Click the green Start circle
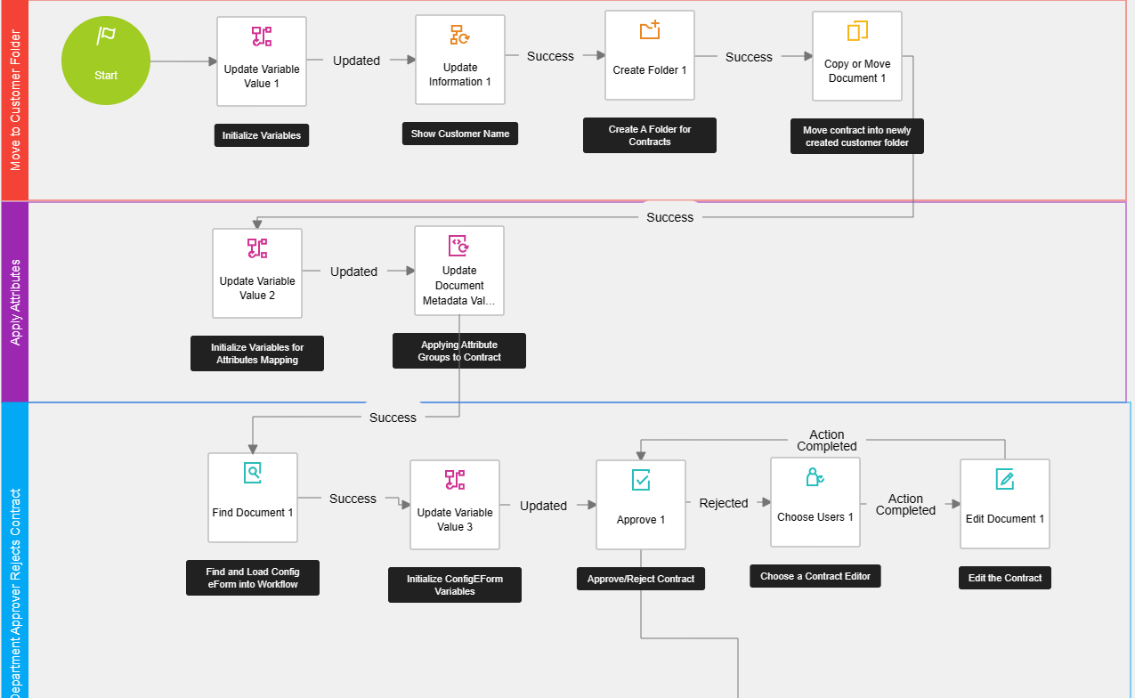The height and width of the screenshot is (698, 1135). point(105,61)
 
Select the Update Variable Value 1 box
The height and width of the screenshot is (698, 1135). point(262,61)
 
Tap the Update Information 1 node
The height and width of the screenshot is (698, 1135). point(460,60)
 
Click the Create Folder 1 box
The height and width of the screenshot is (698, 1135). point(650,55)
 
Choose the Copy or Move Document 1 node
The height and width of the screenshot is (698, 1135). point(857,56)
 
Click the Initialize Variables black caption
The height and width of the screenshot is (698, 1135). point(262,136)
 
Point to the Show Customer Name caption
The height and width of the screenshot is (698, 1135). point(460,134)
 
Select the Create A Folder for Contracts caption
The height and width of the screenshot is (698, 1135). point(650,135)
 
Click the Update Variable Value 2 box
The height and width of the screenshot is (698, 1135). point(257,273)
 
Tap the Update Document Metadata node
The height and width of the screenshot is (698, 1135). point(459,271)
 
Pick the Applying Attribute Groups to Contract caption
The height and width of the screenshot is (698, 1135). point(459,351)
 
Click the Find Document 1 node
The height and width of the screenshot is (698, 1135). point(253,498)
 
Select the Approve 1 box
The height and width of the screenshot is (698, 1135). point(641,504)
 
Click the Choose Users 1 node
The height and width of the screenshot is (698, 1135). point(815,502)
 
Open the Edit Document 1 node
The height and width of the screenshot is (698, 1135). point(1005,504)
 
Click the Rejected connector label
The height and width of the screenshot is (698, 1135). point(724,503)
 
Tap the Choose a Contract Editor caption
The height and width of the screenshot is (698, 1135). point(815,577)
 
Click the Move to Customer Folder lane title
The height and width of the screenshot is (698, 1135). point(15,100)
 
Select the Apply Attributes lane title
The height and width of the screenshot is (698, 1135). point(15,302)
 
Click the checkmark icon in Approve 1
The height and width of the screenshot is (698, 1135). point(641,481)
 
